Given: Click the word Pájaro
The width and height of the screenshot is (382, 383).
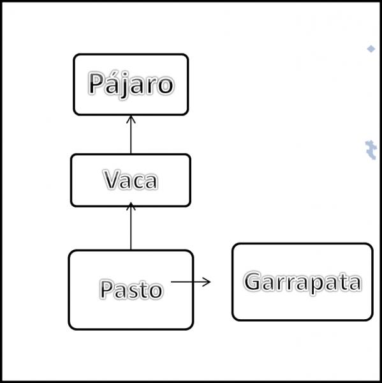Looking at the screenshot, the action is point(131,84).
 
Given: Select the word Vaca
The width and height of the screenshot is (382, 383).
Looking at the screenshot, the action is point(131,179).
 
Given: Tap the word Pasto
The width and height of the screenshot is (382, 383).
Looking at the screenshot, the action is point(131,289).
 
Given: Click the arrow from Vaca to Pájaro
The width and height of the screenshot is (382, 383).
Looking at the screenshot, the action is point(131,135).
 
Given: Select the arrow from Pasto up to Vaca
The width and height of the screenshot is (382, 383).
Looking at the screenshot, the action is point(131,226).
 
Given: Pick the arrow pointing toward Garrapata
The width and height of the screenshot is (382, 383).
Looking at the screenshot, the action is point(191,282).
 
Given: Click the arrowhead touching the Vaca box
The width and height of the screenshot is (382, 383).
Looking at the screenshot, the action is point(131,206).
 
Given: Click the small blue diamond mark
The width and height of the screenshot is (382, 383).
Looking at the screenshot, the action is point(371,49).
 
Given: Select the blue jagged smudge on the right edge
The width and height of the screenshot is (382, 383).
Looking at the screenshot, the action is point(371,150).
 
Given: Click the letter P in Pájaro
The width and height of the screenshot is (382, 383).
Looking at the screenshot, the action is point(95,83).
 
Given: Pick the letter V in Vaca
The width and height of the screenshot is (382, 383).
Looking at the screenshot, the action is point(112,179).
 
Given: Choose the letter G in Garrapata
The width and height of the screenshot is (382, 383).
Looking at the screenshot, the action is point(253,281).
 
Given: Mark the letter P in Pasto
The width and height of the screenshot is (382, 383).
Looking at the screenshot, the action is point(107,289).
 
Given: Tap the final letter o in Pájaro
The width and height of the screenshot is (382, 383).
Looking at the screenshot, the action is point(166,86).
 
